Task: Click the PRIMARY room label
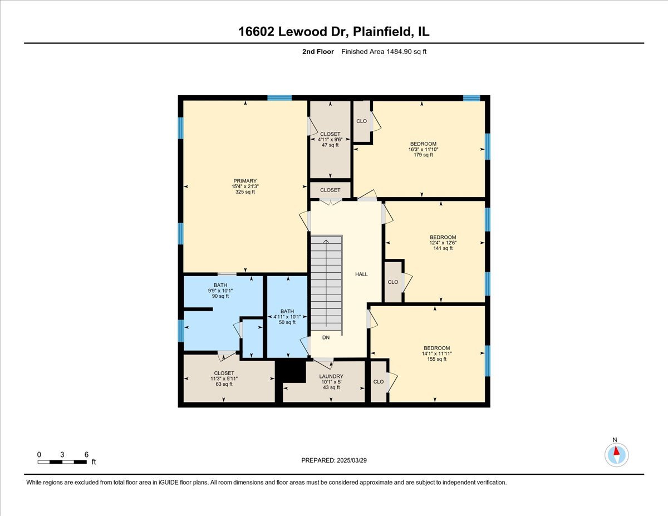244,180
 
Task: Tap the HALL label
361,274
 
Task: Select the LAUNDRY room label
331,376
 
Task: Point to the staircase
326,282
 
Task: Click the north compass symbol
616,454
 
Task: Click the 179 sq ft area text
423,155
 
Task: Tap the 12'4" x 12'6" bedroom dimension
443,243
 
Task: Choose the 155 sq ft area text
436,359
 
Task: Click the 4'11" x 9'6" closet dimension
330,140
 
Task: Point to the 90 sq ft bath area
220,296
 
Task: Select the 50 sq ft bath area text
287,322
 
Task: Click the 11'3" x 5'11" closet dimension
224,379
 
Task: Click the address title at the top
334,32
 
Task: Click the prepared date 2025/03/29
334,460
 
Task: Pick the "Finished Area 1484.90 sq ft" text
384,52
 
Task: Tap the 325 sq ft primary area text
244,192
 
